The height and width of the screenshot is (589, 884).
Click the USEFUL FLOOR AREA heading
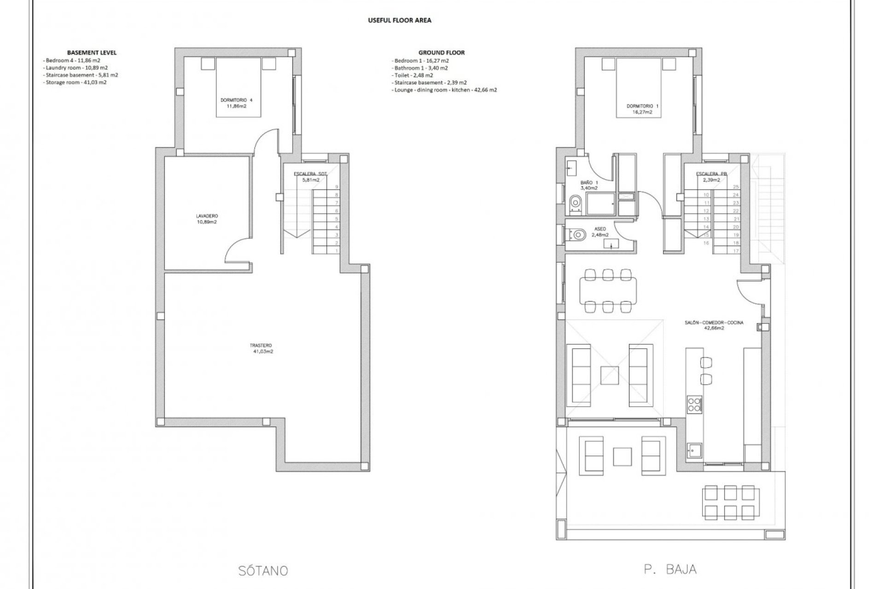point(399,20)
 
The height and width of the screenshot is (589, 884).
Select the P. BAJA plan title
point(670,569)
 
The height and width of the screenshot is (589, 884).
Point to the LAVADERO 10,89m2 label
point(206,219)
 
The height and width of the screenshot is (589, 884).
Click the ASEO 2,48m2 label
point(600,231)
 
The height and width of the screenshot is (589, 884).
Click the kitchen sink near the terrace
point(693,450)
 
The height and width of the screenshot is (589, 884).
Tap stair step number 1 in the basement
point(337,251)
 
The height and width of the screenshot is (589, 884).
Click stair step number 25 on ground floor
point(735,187)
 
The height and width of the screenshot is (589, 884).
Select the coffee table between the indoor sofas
point(609,375)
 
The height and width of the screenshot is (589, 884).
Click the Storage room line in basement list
point(76,82)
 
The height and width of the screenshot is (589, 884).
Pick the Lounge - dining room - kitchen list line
point(445,90)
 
